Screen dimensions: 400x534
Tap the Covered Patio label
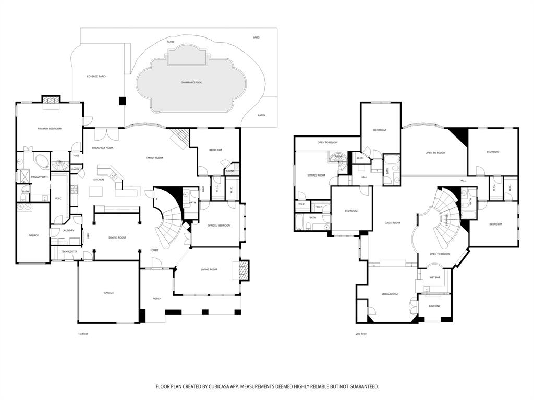point(96,77)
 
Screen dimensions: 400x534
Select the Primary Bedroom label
point(50,128)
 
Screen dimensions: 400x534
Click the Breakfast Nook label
point(103,148)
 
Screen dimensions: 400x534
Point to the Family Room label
point(154,157)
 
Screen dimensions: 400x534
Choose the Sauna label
point(230,171)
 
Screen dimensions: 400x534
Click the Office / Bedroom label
point(219,226)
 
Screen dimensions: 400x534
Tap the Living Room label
point(209,269)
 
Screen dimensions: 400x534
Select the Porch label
point(156,298)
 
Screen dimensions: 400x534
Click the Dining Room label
point(117,238)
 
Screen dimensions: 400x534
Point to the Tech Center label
point(69,251)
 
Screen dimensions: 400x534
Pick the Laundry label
point(68,230)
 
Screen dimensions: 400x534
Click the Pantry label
point(76,169)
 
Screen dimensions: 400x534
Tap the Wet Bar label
point(435,277)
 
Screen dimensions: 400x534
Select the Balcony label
point(434,306)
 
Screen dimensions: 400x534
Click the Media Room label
point(390,294)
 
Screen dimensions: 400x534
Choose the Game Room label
point(392,222)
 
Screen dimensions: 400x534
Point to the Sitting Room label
point(316,175)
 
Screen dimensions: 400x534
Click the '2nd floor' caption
point(360,334)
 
